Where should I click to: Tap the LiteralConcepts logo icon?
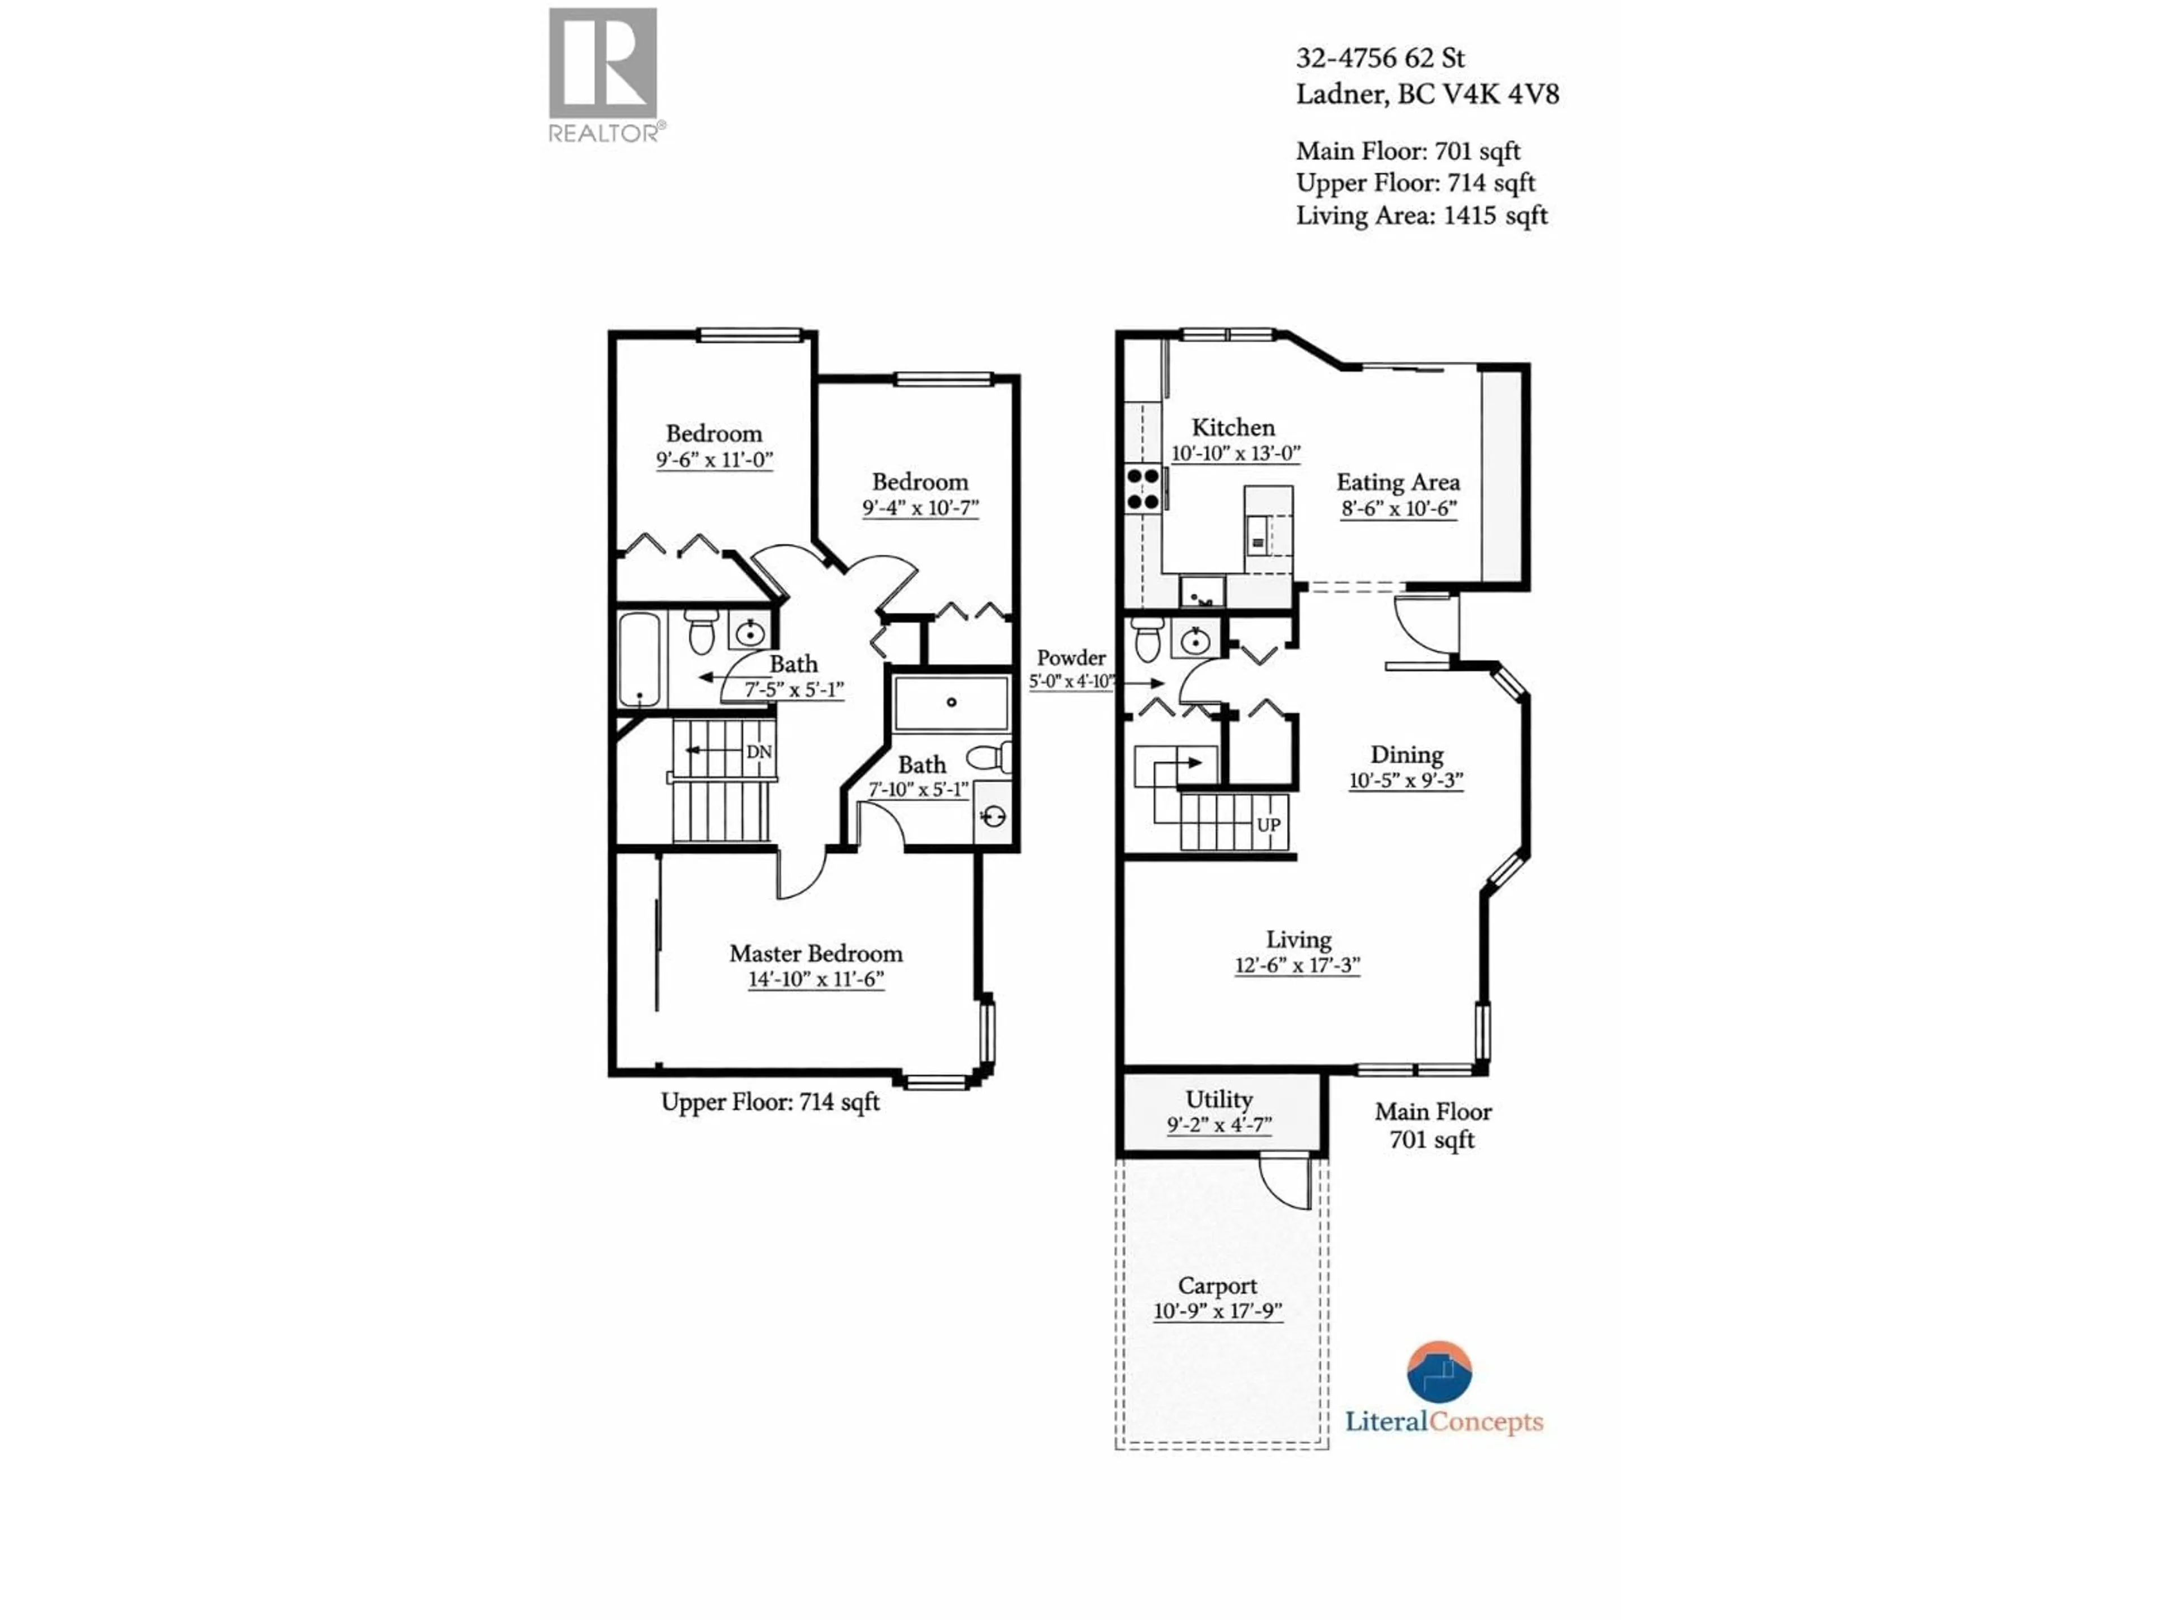click(1439, 1372)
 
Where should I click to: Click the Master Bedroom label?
click(816, 953)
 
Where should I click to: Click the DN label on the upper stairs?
click(758, 752)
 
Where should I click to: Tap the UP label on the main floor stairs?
click(1268, 824)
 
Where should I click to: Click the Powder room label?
click(1071, 658)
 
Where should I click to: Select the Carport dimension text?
click(1217, 1311)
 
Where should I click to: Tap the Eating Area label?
click(1398, 483)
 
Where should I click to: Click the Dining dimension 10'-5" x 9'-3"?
click(1406, 780)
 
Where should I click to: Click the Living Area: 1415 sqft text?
click(1422, 216)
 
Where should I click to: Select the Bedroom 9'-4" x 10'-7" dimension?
click(920, 508)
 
